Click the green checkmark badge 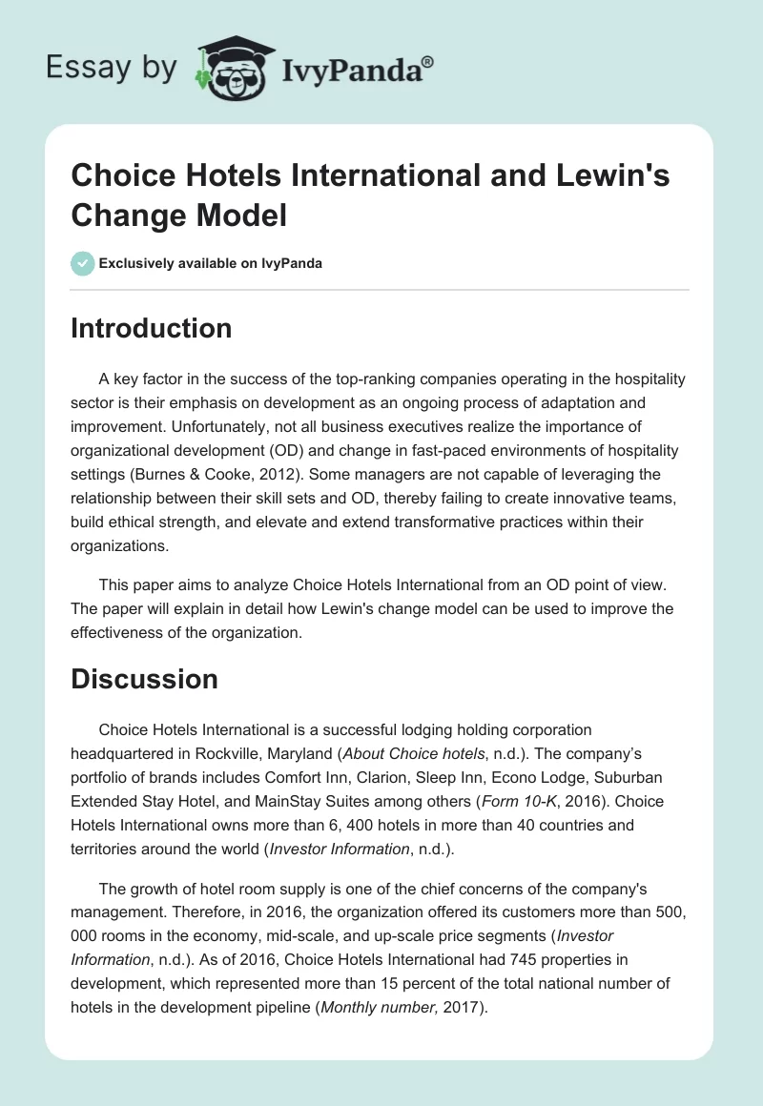click(83, 263)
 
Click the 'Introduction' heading click(152, 328)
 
